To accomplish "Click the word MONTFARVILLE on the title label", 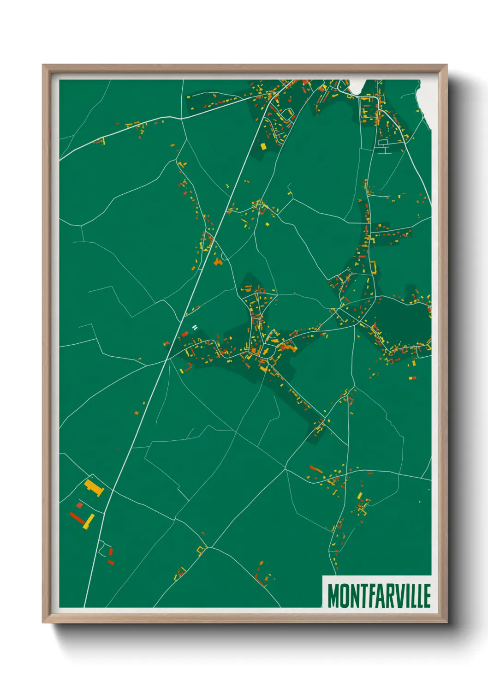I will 379,596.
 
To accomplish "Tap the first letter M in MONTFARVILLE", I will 333,596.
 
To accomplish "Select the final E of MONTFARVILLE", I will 427,596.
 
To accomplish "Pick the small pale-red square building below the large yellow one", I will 79,505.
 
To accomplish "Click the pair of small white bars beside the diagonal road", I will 195,327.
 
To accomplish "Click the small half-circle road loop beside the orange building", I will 225,257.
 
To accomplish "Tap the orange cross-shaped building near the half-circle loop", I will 218,262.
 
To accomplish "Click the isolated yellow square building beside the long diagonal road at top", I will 263,147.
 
